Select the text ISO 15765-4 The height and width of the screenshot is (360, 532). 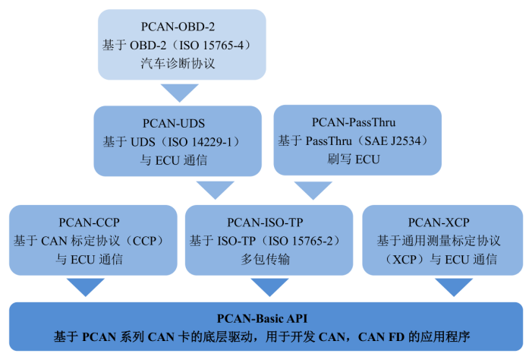pos(209,46)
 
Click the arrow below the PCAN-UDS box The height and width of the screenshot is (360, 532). pos(215,189)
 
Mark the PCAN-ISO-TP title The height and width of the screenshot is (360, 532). pos(265,223)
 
